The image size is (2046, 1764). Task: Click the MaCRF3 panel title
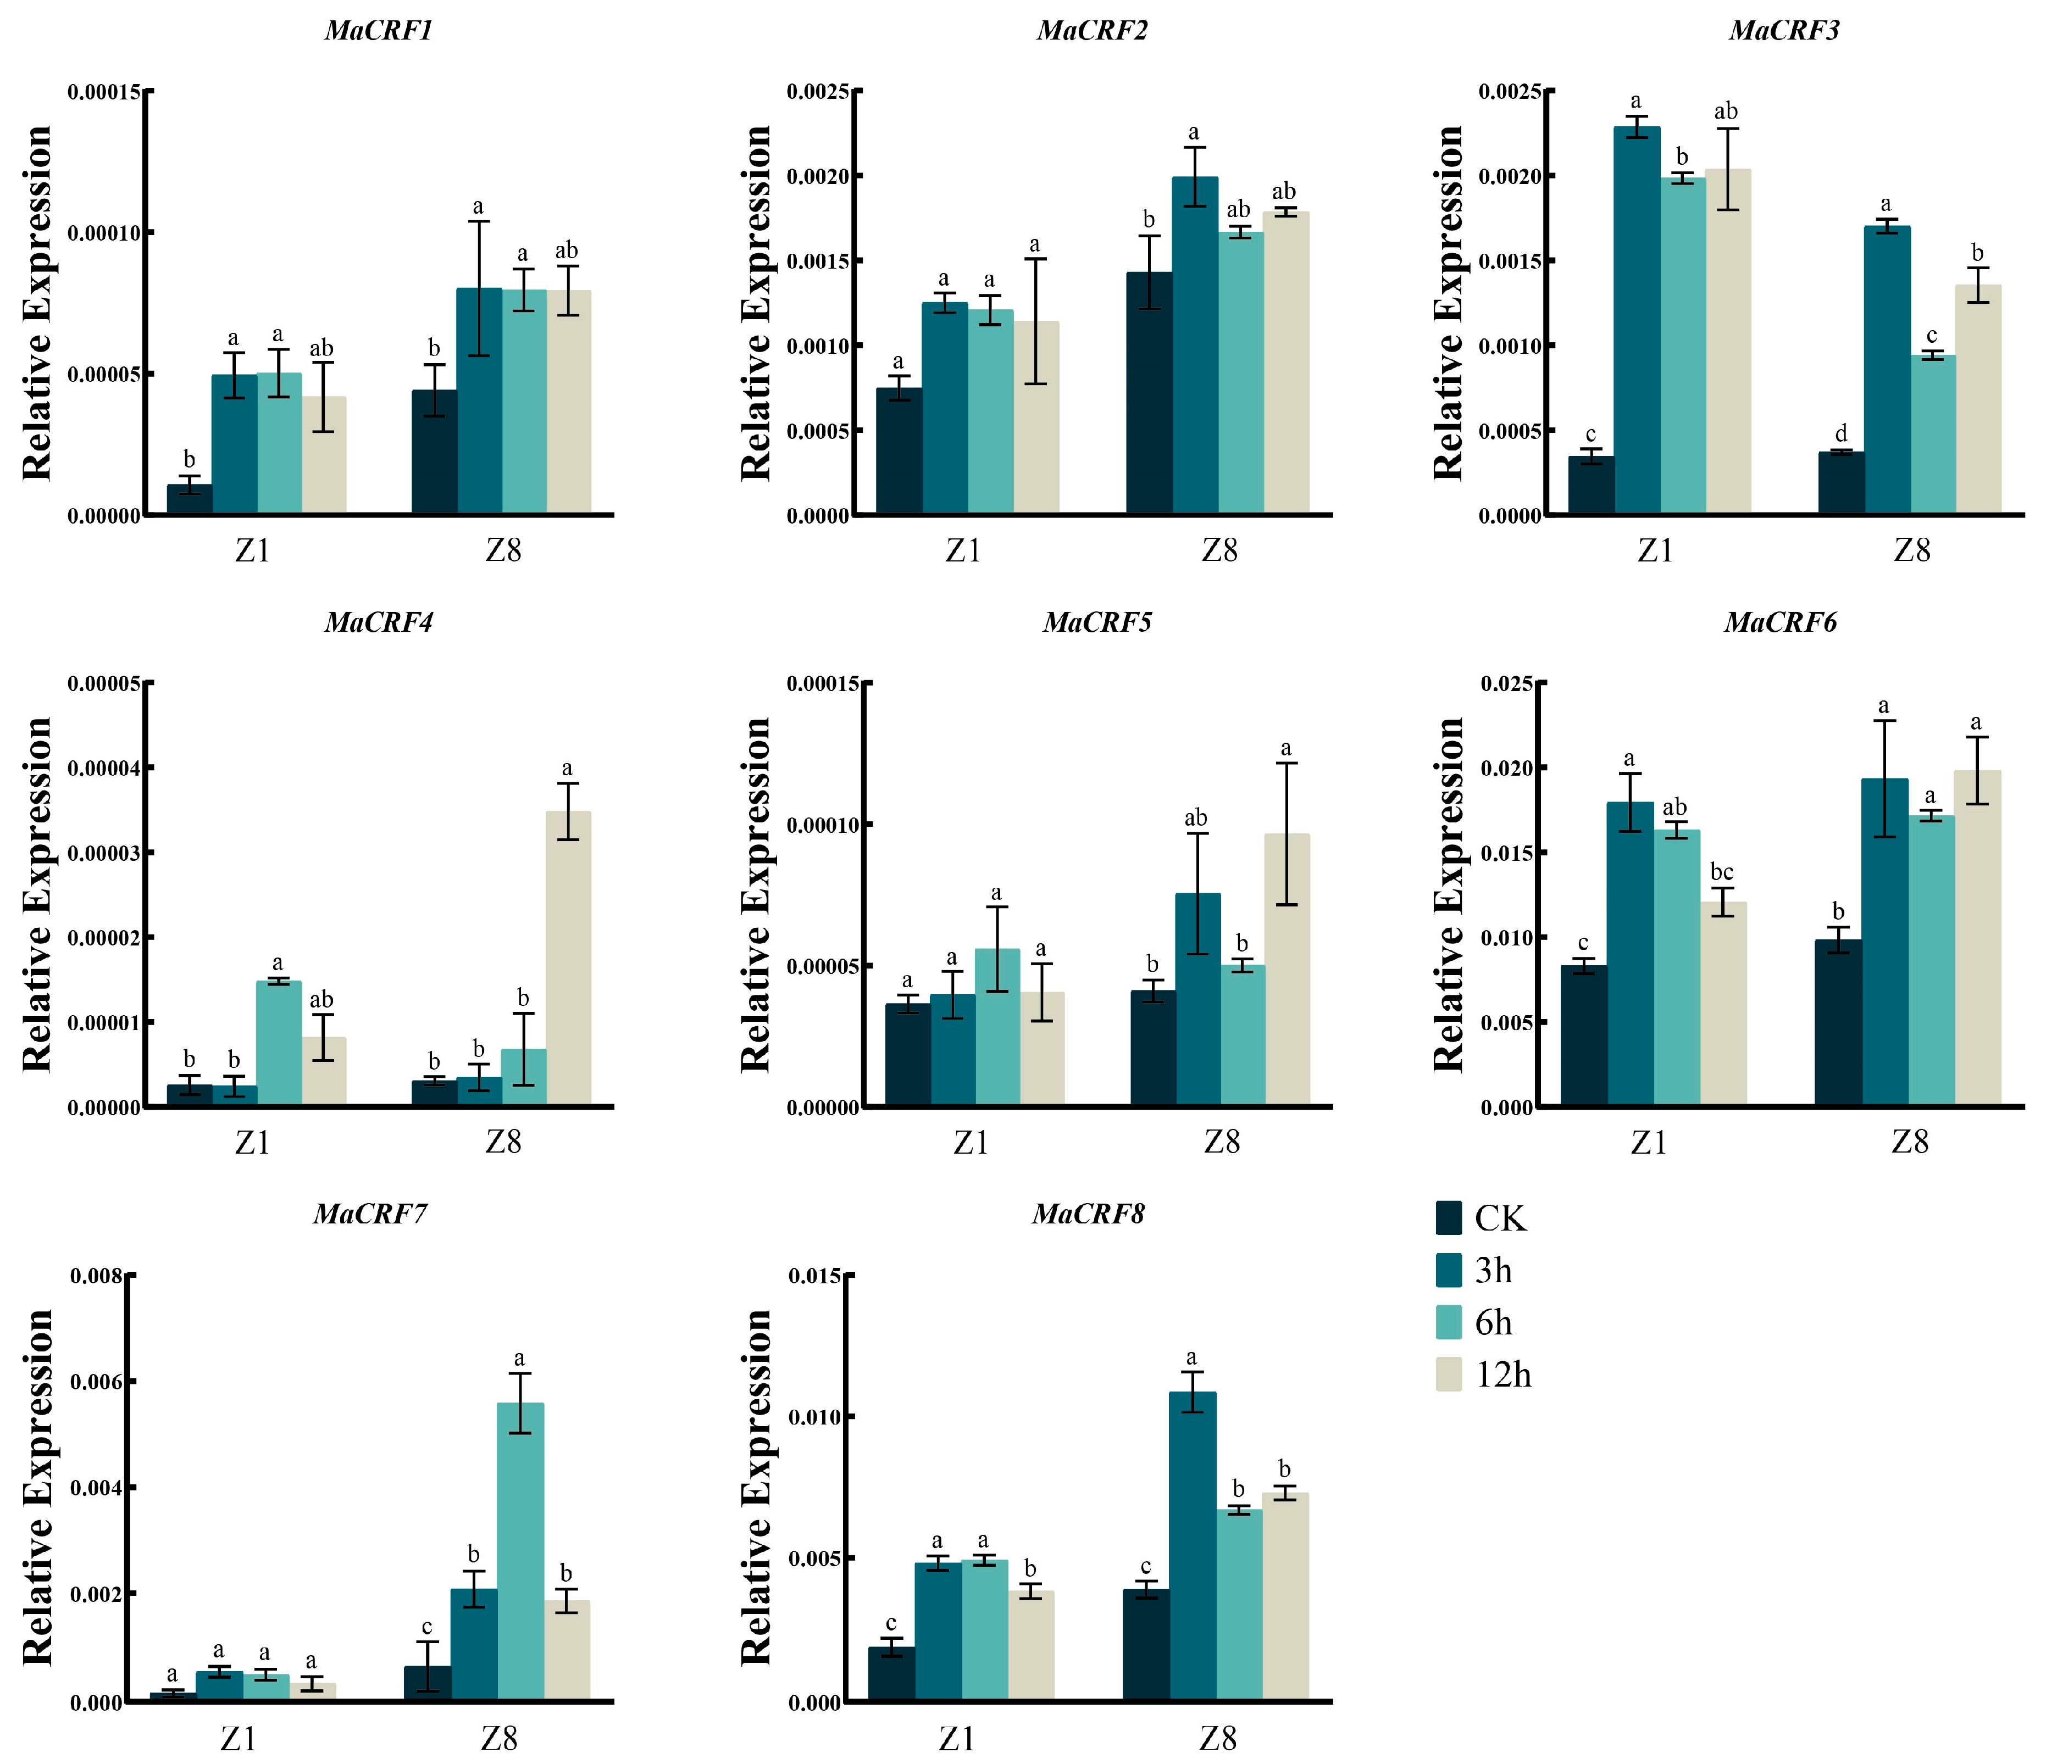click(x=1783, y=31)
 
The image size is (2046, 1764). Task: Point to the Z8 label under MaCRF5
click(x=1222, y=1142)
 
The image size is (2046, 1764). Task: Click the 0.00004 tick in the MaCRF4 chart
click(x=103, y=768)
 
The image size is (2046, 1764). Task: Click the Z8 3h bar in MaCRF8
click(x=1193, y=1547)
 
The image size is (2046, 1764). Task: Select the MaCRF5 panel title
click(x=1097, y=623)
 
